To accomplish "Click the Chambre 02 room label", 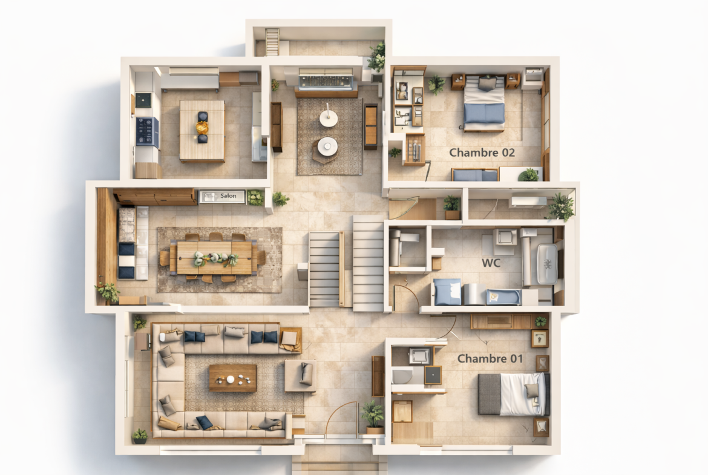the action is (x=482, y=152).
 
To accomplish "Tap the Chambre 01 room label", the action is (x=490, y=358).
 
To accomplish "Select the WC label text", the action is (x=491, y=263).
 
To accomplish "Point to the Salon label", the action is (x=228, y=196).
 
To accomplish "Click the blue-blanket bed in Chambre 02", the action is (x=484, y=103).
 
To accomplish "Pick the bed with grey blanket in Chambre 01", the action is (x=513, y=394).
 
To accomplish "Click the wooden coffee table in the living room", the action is (x=232, y=378).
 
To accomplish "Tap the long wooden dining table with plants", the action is (x=214, y=257).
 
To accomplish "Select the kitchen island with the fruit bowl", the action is (x=202, y=131).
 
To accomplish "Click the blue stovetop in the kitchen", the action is (x=147, y=131).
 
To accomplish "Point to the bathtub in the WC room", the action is (x=547, y=264).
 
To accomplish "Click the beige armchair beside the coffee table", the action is (x=300, y=375).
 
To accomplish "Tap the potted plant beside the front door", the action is (x=373, y=416).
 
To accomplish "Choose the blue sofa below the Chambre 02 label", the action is (x=475, y=175).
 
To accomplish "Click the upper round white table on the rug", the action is (x=329, y=118).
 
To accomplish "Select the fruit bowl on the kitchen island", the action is (x=202, y=128).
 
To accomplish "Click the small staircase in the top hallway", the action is (x=272, y=42).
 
